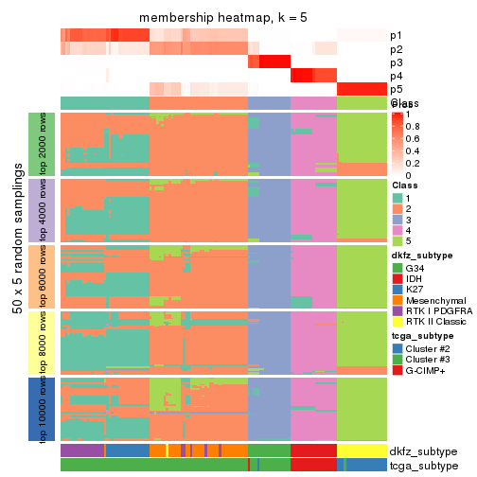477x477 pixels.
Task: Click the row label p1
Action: [x=396, y=36]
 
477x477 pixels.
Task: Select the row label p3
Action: [x=396, y=62]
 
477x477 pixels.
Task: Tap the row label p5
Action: [x=396, y=89]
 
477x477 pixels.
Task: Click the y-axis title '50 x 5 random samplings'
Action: [x=18, y=276]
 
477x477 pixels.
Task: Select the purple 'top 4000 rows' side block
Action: [x=42, y=210]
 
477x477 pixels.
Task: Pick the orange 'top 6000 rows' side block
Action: [x=42, y=276]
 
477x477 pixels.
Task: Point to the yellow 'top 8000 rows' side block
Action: [x=42, y=342]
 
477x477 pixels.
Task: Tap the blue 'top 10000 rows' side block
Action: [x=42, y=408]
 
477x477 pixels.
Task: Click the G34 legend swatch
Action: [x=397, y=268]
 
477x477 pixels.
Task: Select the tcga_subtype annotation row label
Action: [x=423, y=465]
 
